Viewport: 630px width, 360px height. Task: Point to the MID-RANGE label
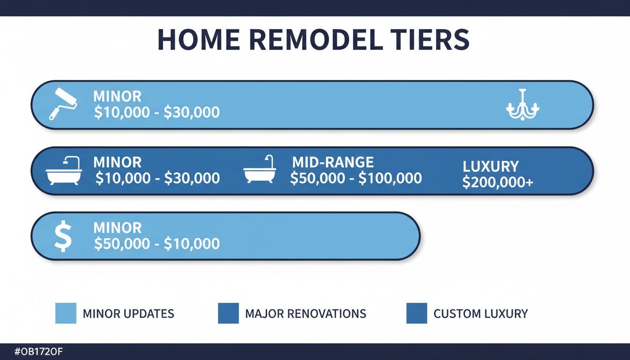tap(333, 162)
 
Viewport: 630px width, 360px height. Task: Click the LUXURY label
tap(490, 166)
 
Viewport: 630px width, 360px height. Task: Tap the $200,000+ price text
tap(497, 182)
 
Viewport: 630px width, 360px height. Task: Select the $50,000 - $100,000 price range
tap(356, 178)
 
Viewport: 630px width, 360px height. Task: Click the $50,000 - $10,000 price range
tap(157, 244)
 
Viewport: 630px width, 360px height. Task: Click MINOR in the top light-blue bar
tap(117, 97)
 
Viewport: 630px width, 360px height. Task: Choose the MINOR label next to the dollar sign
tap(117, 228)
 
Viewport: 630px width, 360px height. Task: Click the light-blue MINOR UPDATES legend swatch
tap(66, 313)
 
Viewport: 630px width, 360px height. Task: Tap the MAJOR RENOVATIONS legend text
tap(306, 314)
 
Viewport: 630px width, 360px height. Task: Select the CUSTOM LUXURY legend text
tap(480, 314)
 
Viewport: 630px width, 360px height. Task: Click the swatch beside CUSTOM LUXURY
tap(416, 313)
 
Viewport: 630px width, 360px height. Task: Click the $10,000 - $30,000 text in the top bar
tap(157, 112)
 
